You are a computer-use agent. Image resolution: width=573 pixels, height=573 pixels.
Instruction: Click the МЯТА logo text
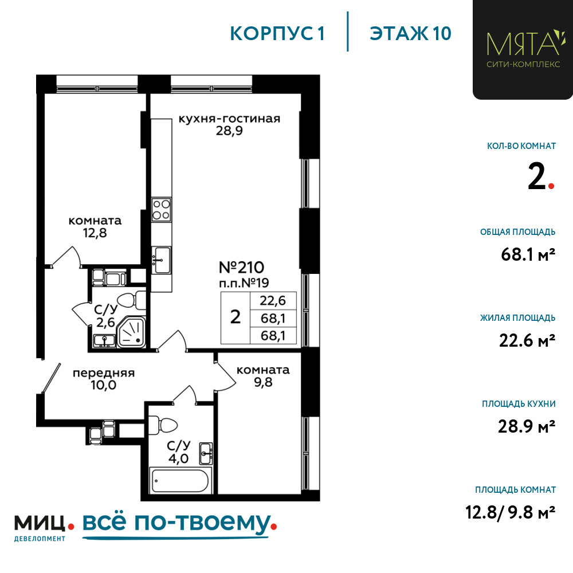(x=523, y=44)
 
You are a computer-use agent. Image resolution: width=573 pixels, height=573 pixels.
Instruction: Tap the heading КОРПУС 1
(x=277, y=34)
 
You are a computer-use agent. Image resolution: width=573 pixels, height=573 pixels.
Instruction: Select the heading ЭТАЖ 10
(x=410, y=34)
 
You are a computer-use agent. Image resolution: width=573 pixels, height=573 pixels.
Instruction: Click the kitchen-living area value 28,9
(x=229, y=131)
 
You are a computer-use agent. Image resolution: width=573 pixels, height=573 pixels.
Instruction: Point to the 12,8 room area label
(x=95, y=233)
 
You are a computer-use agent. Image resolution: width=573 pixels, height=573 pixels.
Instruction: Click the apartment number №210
(x=241, y=268)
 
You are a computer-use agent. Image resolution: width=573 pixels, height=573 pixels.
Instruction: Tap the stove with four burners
(x=161, y=210)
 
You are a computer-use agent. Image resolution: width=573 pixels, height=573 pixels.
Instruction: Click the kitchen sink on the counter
(x=161, y=260)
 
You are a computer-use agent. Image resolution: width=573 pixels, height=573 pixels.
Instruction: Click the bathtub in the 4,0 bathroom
(x=180, y=480)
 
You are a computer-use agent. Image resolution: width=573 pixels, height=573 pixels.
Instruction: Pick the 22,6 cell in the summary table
(x=273, y=301)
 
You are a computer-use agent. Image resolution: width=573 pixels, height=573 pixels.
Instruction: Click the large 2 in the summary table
(x=236, y=317)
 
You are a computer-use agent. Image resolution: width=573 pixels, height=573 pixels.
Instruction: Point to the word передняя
(x=104, y=373)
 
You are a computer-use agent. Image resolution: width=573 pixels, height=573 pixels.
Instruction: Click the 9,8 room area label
(x=263, y=382)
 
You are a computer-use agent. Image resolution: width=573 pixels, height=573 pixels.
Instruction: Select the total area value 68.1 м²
(x=528, y=254)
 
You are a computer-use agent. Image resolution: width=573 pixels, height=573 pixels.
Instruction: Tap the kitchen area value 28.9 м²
(x=527, y=426)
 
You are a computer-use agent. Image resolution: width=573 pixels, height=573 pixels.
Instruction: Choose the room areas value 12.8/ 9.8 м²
(x=511, y=512)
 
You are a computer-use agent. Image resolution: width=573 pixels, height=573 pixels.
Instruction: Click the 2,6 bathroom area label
(x=105, y=322)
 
